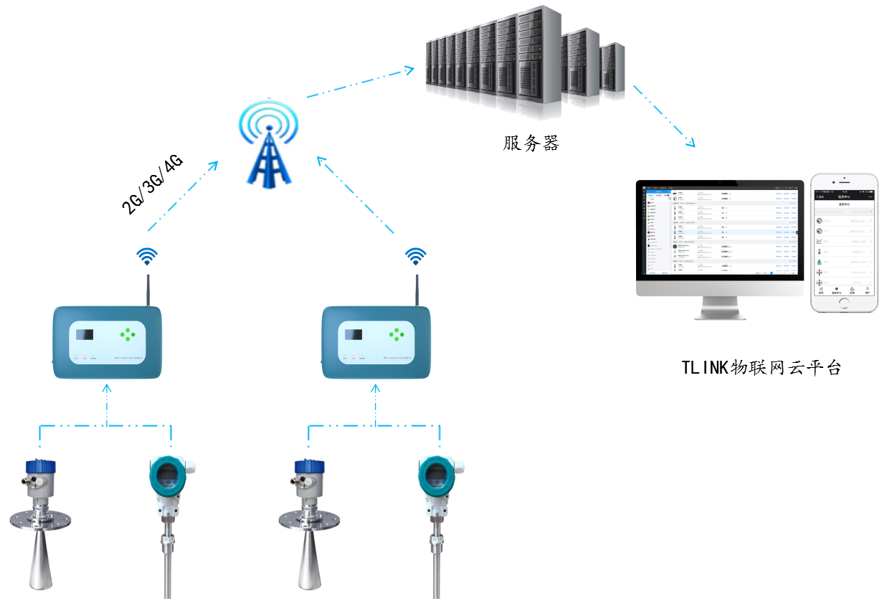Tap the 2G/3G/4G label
(x=153, y=184)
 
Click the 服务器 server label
(x=531, y=143)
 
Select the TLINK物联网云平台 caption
(x=761, y=368)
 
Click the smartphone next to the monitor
(x=844, y=242)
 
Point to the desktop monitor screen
(x=720, y=233)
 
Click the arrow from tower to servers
(x=359, y=83)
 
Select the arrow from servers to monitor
(x=663, y=115)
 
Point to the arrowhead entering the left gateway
(x=107, y=387)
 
